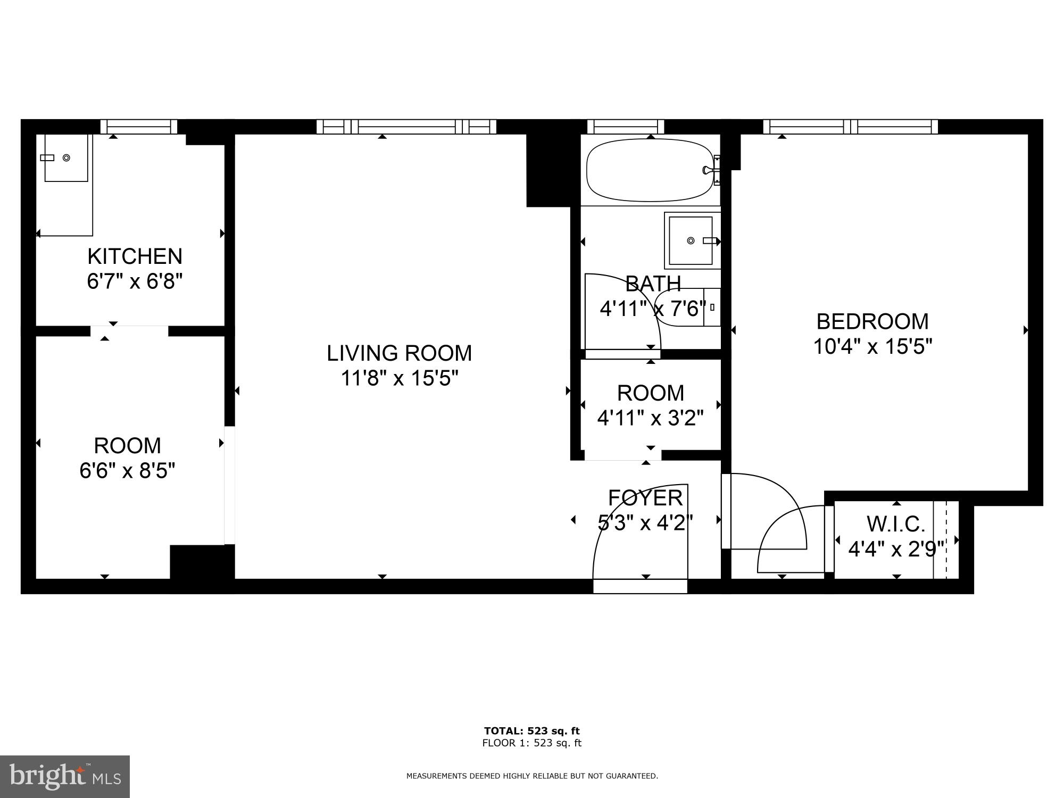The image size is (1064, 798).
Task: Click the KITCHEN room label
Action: click(x=135, y=256)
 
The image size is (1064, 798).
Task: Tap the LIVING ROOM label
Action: click(x=399, y=353)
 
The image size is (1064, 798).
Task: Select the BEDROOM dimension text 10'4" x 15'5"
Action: click(x=872, y=347)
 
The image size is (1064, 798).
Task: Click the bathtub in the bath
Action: click(x=650, y=170)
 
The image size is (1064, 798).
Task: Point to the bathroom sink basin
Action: click(x=691, y=240)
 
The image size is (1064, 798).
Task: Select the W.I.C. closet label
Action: click(x=896, y=524)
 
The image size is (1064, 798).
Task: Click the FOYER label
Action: click(x=645, y=498)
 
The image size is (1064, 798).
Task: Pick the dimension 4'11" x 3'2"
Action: click(x=650, y=419)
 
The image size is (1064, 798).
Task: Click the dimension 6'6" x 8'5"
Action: click(x=127, y=471)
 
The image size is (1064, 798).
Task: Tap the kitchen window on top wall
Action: click(x=139, y=127)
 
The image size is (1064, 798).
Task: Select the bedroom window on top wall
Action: click(x=850, y=127)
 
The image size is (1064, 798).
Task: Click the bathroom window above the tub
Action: click(x=626, y=127)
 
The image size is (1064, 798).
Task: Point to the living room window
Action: click(x=406, y=127)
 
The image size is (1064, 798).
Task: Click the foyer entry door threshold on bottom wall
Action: click(x=640, y=586)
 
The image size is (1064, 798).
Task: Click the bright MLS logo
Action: click(x=64, y=776)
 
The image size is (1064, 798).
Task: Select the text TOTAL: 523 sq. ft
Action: click(x=531, y=731)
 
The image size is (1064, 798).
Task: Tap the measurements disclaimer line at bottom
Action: click(x=532, y=776)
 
